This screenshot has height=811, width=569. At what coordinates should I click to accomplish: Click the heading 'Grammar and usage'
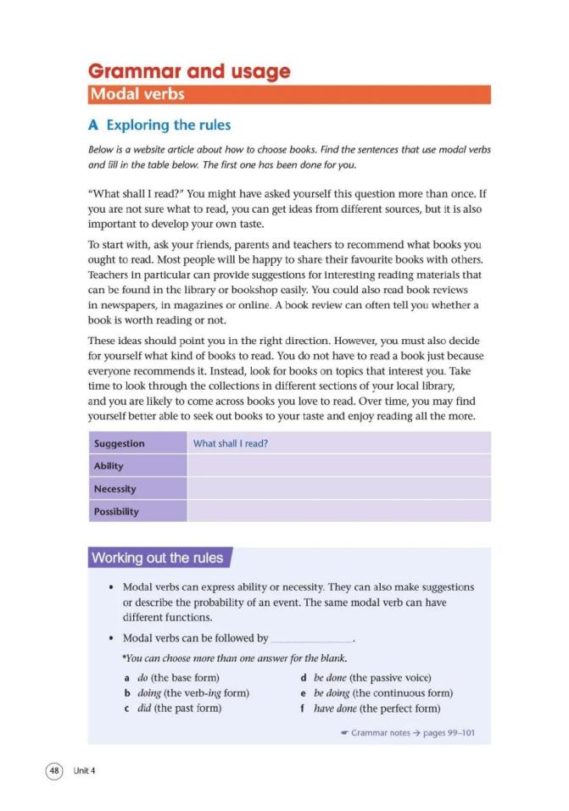point(189,71)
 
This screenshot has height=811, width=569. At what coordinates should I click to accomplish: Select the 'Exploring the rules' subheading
point(159,125)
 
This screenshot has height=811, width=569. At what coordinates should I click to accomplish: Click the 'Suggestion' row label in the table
point(120,443)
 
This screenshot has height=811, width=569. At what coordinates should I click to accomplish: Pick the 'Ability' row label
point(109,466)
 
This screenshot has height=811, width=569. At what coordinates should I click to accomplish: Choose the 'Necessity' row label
point(114,489)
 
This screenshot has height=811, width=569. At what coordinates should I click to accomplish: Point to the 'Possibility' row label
point(116,512)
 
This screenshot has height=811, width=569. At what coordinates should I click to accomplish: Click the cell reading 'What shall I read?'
point(231,443)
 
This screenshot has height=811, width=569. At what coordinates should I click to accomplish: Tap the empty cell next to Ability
point(337,466)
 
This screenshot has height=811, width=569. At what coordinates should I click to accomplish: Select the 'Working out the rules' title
point(158,558)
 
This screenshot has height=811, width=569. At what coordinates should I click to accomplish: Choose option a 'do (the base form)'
point(172,678)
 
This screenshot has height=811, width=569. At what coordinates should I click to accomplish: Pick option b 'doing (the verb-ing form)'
point(187,693)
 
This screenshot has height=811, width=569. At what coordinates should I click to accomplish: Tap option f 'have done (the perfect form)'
point(371,708)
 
